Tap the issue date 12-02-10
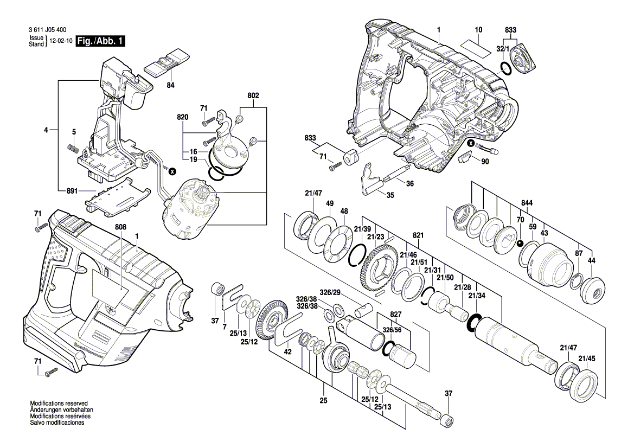[x=61, y=41]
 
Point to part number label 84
[x=170, y=85]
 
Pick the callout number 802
[x=253, y=95]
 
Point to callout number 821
[x=418, y=236]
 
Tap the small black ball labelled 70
[x=520, y=244]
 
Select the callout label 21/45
[x=587, y=358]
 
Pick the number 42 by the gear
[x=288, y=352]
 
